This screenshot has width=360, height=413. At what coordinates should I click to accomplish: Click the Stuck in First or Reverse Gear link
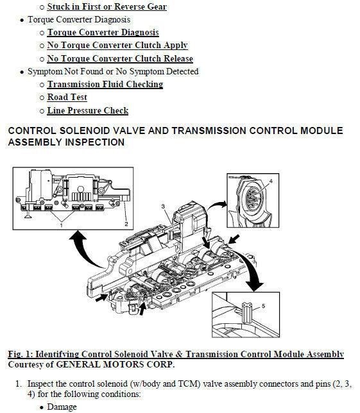(x=107, y=6)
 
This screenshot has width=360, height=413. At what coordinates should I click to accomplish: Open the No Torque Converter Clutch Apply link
(x=117, y=46)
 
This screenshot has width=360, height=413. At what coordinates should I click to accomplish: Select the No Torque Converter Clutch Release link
(x=120, y=58)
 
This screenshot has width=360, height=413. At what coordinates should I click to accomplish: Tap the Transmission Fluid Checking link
(x=105, y=84)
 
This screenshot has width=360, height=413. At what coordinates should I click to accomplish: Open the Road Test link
(x=67, y=97)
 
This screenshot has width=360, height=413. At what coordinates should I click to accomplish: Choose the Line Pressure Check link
(x=88, y=110)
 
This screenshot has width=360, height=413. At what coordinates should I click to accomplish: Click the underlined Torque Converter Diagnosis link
(x=103, y=33)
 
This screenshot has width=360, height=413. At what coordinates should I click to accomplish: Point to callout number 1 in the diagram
(x=62, y=226)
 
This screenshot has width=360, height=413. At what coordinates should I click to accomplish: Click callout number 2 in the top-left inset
(x=126, y=224)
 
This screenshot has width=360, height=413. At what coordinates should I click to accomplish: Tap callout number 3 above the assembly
(x=163, y=206)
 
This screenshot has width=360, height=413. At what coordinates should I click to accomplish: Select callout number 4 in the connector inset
(x=271, y=181)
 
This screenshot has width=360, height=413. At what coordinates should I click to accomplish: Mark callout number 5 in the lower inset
(x=263, y=306)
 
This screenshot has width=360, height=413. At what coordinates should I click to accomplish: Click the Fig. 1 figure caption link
(x=176, y=354)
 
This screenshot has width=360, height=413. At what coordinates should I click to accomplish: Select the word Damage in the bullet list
(x=62, y=407)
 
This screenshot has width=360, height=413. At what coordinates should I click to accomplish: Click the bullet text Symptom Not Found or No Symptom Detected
(x=113, y=71)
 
